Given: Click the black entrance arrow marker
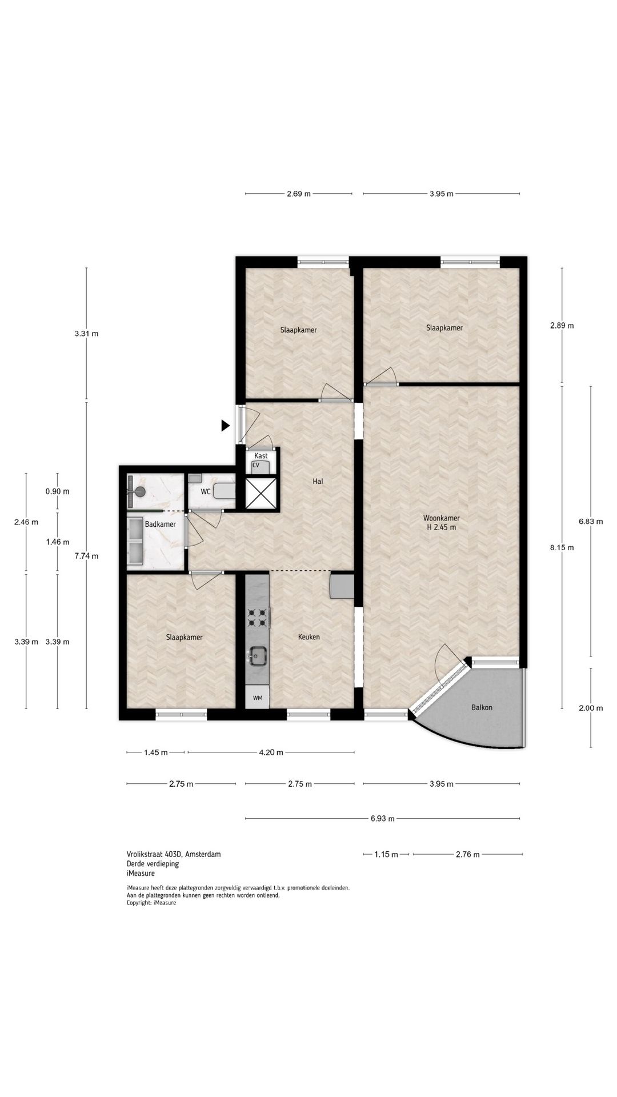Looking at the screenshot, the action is (226, 425).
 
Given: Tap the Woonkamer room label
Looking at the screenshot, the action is (442, 518).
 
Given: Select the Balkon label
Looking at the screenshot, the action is (482, 707).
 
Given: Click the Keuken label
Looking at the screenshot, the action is (309, 637).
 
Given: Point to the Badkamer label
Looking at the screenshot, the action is (160, 524).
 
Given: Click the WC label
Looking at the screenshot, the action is (206, 491).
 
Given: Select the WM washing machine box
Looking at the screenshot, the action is (258, 698).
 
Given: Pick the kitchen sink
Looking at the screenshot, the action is (258, 655).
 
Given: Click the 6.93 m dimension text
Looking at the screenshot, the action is (382, 819).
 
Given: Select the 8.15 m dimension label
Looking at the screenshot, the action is (562, 547).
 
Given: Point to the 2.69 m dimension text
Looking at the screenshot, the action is (299, 194).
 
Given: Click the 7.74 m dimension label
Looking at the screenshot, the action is (86, 556).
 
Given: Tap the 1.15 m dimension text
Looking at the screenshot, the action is (386, 855).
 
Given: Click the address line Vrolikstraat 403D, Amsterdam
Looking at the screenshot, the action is (174, 854).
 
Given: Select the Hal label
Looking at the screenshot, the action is (318, 482).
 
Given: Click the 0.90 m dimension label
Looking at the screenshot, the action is (57, 491).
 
